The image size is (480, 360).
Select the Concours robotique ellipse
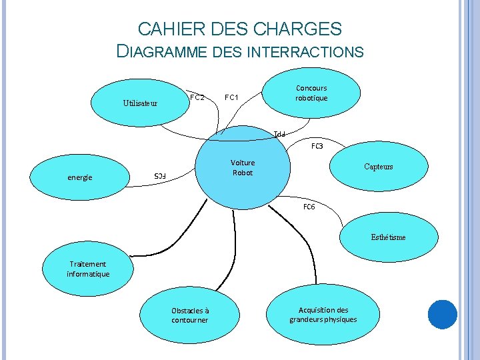[x=311, y=93]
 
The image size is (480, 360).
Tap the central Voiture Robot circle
[x=243, y=168]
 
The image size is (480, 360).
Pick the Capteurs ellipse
[x=378, y=167]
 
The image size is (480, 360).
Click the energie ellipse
[x=80, y=177]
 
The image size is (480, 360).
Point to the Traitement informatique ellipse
[x=88, y=269]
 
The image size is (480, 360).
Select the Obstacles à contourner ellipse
[x=189, y=315]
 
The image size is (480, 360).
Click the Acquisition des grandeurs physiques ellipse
[x=323, y=315]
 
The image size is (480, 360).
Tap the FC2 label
[x=197, y=97]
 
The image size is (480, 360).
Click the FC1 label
[x=232, y=97]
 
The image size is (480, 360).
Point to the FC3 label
[x=317, y=145]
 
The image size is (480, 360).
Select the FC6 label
[x=309, y=207]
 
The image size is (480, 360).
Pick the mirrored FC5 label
[x=159, y=175]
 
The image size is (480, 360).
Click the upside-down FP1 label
[x=279, y=134]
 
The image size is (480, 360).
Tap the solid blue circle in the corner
[x=442, y=314]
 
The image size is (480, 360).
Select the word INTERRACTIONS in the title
[x=305, y=51]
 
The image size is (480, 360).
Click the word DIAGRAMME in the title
[x=163, y=51]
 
